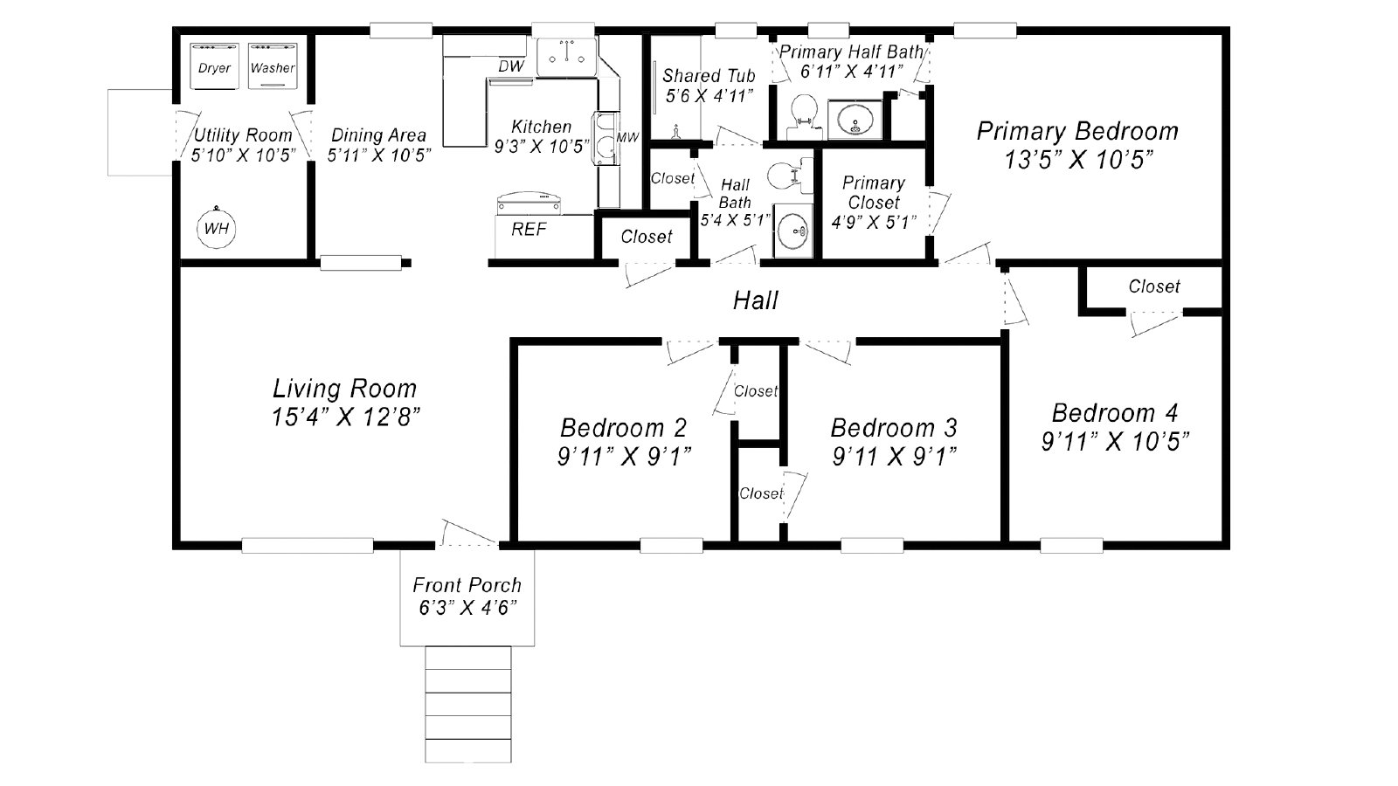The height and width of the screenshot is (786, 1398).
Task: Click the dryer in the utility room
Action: [214, 66]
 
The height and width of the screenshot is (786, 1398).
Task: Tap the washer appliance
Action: [272, 66]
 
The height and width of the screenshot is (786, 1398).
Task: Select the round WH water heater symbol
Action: [217, 228]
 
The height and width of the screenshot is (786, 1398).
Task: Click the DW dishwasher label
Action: [511, 66]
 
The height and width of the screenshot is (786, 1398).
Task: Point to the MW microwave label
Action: [628, 137]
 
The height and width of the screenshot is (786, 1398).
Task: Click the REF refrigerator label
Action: [529, 230]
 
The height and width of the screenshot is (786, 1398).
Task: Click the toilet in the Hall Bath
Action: [790, 176]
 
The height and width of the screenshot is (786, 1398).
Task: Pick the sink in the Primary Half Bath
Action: [855, 119]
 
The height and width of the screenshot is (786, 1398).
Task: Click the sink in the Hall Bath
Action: [793, 231]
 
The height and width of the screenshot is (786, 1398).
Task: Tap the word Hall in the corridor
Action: [755, 300]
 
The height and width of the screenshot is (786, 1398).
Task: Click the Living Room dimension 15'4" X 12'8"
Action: [346, 417]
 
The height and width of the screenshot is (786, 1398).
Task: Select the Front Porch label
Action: [467, 585]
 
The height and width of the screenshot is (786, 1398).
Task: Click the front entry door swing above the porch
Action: [467, 532]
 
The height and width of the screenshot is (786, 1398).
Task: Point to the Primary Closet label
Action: [874, 193]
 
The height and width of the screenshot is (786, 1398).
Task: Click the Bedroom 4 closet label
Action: [1154, 286]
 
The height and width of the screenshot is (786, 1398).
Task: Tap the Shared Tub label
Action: [709, 76]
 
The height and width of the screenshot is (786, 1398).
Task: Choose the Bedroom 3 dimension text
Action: [895, 457]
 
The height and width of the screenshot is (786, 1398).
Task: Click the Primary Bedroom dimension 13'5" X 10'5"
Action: [1078, 161]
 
